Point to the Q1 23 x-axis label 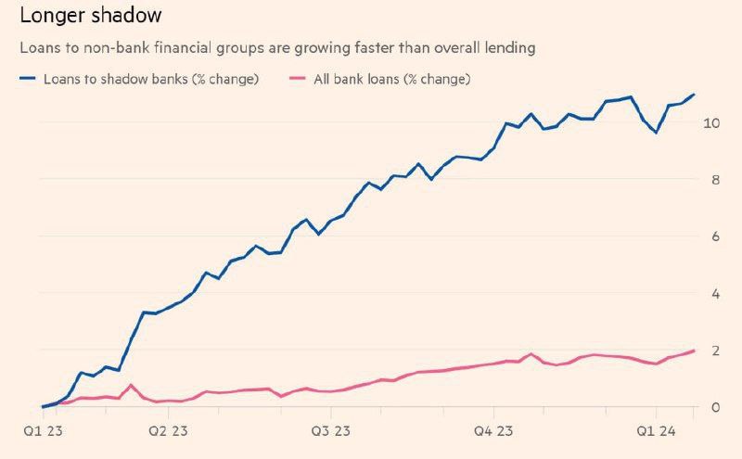pos(43,431)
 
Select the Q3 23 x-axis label pos(330,431)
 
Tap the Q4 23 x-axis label pos(493,431)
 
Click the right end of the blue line pos(694,95)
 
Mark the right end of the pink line pos(694,351)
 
